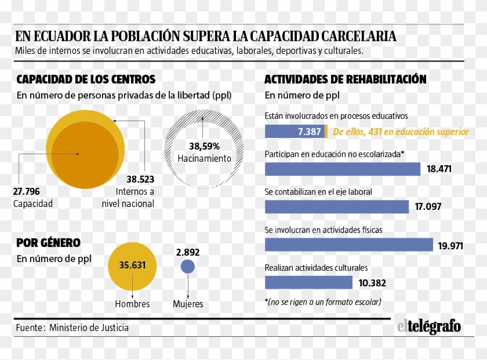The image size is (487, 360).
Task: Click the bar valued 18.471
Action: pos(342,169)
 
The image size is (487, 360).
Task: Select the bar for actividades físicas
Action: pos(348,245)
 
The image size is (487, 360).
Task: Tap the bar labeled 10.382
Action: pos(308,282)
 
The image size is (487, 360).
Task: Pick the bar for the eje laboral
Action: pos(337,207)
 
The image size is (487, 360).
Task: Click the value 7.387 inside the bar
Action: pos(309,132)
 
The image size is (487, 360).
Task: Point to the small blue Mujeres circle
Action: pos(188,267)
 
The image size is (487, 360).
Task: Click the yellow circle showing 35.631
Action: pos(133,266)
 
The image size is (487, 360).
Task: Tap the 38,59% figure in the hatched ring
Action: pos(204,146)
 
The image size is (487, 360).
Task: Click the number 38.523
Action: pos(140,179)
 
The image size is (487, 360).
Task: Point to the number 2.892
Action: pos(188,252)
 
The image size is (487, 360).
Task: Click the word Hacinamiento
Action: pos(204,158)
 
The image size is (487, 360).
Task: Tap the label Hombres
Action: pos(132,304)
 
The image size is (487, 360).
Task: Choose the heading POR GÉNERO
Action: pos(48,243)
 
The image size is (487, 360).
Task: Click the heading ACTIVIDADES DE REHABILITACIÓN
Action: pos(346,79)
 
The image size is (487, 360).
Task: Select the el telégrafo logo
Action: pos(428,327)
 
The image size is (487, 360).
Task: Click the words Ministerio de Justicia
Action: pos(89,328)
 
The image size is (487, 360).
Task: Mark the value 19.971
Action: pos(450,246)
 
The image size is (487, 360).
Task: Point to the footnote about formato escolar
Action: pos(323,301)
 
